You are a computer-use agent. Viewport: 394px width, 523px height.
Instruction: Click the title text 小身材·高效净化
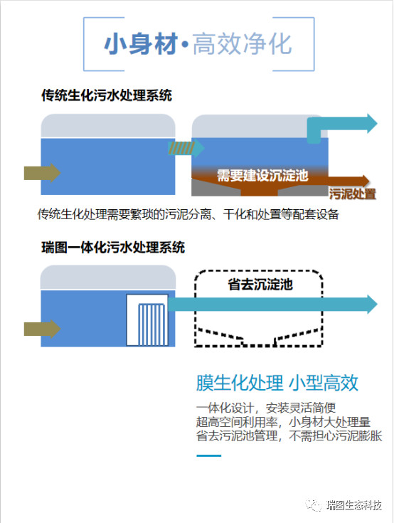point(198,44)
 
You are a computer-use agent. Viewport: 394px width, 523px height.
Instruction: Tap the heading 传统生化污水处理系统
point(107,95)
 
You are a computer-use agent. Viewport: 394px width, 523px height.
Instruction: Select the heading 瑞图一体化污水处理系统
point(113,248)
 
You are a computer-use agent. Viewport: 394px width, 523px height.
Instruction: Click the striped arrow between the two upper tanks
point(186,148)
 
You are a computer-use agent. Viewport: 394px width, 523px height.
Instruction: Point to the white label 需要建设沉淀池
point(262,175)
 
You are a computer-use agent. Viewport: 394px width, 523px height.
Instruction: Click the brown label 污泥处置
point(353,194)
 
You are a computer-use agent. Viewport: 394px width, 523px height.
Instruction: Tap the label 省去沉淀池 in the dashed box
point(260,284)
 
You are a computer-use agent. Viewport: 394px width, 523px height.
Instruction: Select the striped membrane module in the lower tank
point(151,324)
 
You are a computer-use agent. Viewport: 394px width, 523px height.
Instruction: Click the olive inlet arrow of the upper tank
point(43,173)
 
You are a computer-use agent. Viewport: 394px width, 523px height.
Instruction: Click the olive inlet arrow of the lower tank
point(43,329)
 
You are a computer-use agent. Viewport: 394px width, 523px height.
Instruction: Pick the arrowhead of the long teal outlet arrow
point(373,304)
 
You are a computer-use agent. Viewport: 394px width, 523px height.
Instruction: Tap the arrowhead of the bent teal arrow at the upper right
point(373,123)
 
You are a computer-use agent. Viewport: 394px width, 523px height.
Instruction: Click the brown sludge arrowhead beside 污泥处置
point(366,181)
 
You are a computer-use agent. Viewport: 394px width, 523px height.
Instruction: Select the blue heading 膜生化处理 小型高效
point(277,383)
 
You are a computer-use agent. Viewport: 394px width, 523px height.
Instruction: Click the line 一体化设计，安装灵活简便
point(266,408)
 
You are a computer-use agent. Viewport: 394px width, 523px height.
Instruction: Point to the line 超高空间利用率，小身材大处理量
point(283,422)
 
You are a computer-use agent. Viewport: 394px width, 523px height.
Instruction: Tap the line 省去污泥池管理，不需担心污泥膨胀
point(289,436)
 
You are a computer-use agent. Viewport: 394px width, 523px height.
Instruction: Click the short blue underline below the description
point(209,455)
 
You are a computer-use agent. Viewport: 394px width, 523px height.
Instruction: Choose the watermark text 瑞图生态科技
point(354,505)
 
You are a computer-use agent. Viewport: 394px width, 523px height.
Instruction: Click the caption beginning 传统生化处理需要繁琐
point(188,214)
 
